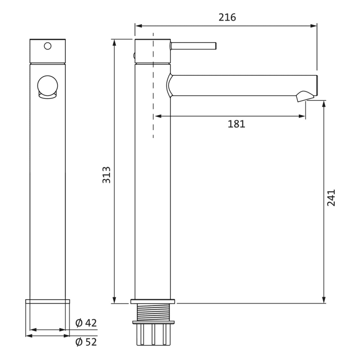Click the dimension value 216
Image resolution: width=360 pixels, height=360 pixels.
(227, 17)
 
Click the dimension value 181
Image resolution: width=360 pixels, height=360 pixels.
(236, 124)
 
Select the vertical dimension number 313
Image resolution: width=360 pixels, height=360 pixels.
(106, 175)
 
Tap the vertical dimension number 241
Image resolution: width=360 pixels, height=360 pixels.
(331, 197)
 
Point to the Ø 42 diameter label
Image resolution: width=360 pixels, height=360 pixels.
(86, 323)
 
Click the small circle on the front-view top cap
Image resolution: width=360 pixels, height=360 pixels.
(48, 46)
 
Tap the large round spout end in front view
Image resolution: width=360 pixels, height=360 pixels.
(48, 86)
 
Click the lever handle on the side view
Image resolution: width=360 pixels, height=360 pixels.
(193, 46)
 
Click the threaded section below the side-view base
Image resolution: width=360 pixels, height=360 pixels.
(153, 312)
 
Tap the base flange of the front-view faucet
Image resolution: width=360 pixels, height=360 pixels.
(47, 301)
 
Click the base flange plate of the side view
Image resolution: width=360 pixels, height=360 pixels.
(153, 301)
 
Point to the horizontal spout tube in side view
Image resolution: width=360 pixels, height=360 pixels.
(242, 85)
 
